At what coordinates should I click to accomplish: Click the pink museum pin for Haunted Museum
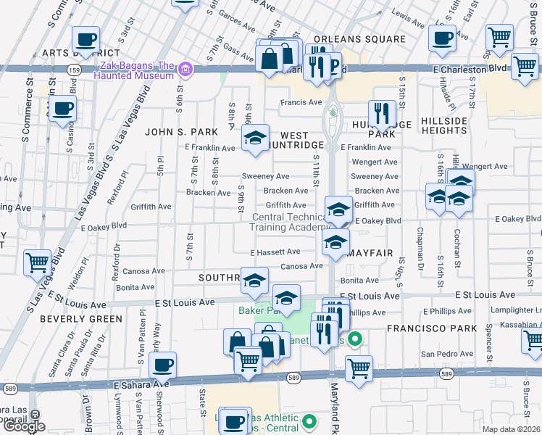click(x=185, y=70)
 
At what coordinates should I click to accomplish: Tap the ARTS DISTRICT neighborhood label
click(x=70, y=53)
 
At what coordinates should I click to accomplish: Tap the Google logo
click(x=23, y=426)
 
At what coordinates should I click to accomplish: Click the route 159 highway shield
click(x=73, y=70)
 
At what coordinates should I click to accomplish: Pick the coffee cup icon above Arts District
click(x=86, y=39)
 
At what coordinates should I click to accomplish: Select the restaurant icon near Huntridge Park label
click(x=381, y=113)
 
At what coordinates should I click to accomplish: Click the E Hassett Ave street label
click(x=275, y=252)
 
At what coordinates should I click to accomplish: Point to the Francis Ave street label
click(x=301, y=102)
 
